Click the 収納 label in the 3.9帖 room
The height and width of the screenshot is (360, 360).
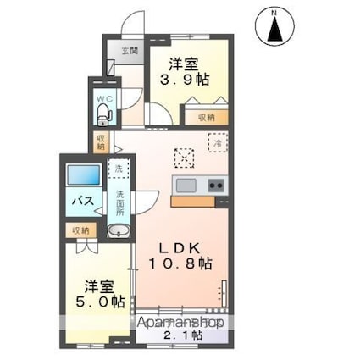tap(207, 118)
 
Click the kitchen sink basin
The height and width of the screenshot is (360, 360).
tap(186, 186)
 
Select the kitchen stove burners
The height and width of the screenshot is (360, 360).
tap(215, 186)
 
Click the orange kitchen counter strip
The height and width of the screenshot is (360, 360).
tap(193, 202)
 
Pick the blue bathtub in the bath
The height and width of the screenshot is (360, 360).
tap(84, 177)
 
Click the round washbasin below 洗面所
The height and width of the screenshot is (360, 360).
tap(118, 232)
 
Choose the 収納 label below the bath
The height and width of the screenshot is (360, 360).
tap(80, 230)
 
